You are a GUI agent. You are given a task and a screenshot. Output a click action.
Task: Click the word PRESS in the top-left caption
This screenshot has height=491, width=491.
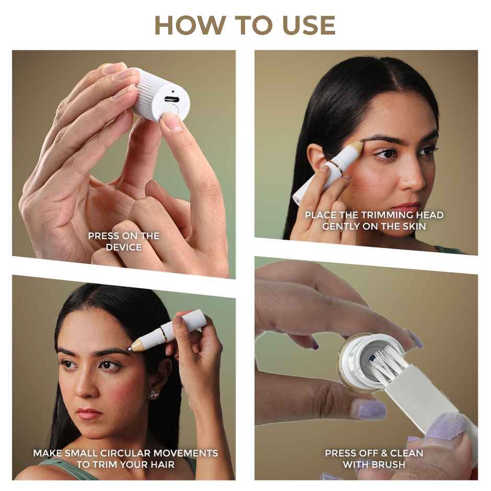pyautogui.click(x=103, y=236)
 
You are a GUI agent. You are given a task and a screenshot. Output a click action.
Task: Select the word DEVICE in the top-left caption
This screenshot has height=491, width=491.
pyautogui.click(x=124, y=247)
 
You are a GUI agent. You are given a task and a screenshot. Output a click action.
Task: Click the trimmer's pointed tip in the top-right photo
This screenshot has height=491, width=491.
pyautogui.click(x=361, y=142)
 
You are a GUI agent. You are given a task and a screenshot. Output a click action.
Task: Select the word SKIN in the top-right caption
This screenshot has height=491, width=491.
pyautogui.click(x=413, y=226)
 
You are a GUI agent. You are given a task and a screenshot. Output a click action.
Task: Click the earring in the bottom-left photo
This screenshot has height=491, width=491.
pyautogui.click(x=154, y=393)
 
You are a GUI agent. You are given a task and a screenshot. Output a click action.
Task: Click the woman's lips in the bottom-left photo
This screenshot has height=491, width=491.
pyautogui.click(x=89, y=414)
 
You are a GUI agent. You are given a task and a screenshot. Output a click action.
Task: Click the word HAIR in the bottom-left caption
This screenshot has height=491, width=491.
pyautogui.click(x=160, y=464)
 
